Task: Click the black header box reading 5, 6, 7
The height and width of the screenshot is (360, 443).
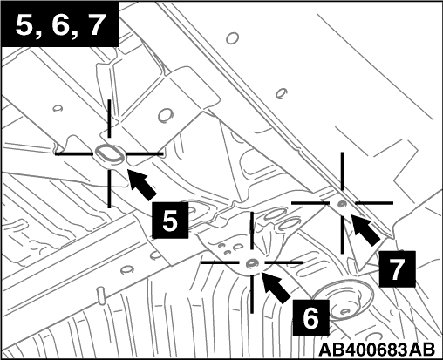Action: click(60, 25)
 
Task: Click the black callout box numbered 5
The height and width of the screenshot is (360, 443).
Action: click(170, 221)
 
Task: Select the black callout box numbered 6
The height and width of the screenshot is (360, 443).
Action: click(311, 318)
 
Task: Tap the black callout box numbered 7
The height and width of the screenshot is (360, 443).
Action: click(398, 269)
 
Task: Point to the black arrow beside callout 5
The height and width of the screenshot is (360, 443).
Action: click(141, 184)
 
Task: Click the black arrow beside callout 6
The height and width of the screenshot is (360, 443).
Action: click(276, 287)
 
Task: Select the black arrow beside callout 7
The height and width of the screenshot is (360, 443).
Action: click(365, 229)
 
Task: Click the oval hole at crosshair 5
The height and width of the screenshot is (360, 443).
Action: click(109, 153)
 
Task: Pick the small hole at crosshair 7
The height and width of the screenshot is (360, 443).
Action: click(342, 204)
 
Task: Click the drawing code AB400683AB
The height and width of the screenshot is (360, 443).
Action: click(377, 350)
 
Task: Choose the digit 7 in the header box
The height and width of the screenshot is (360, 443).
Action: click(93, 25)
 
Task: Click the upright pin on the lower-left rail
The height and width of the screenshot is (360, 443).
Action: click(101, 295)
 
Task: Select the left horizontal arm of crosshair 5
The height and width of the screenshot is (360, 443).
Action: click(74, 153)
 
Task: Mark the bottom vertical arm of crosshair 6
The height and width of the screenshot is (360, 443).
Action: click(252, 294)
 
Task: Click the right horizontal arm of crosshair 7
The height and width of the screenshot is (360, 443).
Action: click(374, 202)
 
